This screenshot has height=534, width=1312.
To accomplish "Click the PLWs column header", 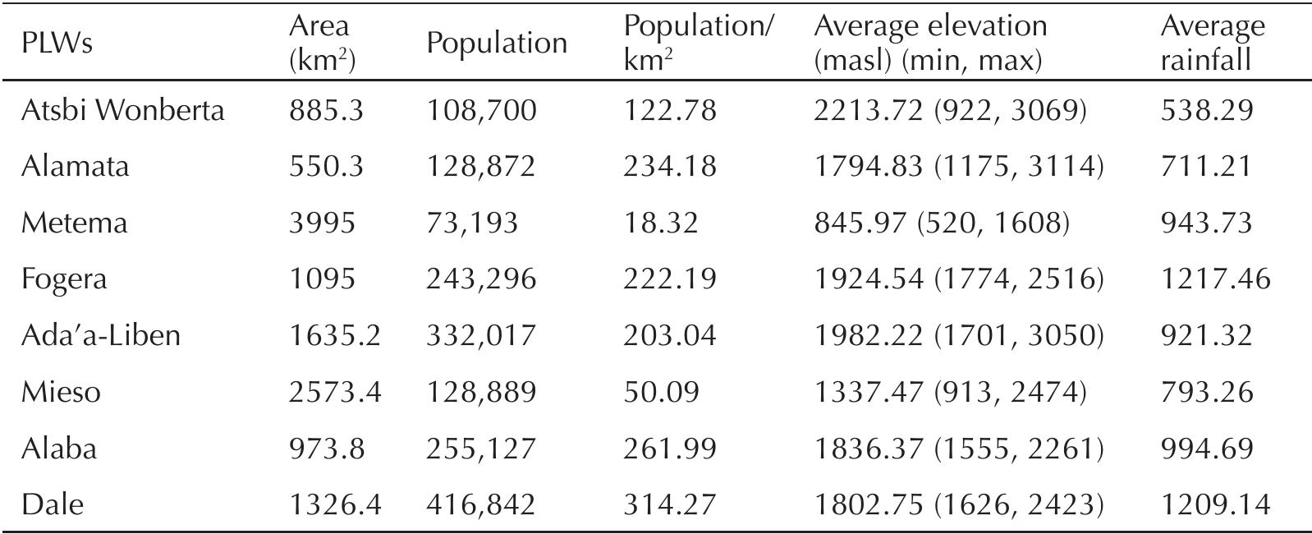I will click(56, 44).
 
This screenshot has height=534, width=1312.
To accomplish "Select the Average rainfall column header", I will click(1212, 44).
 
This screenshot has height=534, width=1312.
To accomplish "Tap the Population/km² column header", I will click(698, 44).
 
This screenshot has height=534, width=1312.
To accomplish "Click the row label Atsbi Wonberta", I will click(122, 110).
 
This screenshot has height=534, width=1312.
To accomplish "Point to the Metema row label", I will click(74, 223).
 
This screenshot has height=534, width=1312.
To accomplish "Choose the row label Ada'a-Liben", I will click(100, 335).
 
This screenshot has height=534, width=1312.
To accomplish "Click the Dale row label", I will click(52, 504).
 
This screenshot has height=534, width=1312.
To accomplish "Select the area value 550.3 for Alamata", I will click(326, 167).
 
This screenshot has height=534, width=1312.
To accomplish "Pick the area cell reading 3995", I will click(322, 223).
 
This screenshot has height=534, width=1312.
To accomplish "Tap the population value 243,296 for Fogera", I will click(480, 279).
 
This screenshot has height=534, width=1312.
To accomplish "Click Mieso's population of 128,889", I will click(480, 392).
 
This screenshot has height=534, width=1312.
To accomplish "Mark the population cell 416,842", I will click(480, 504).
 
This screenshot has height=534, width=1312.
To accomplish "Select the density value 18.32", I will click(660, 223).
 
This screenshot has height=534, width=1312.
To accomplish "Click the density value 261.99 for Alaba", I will click(669, 448).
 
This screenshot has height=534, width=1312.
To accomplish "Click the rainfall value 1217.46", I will click(1215, 279).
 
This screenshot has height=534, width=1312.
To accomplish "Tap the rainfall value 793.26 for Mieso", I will click(1206, 392).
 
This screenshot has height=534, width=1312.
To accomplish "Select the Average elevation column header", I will click(929, 44).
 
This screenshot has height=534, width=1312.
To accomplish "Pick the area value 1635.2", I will click(334, 335).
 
